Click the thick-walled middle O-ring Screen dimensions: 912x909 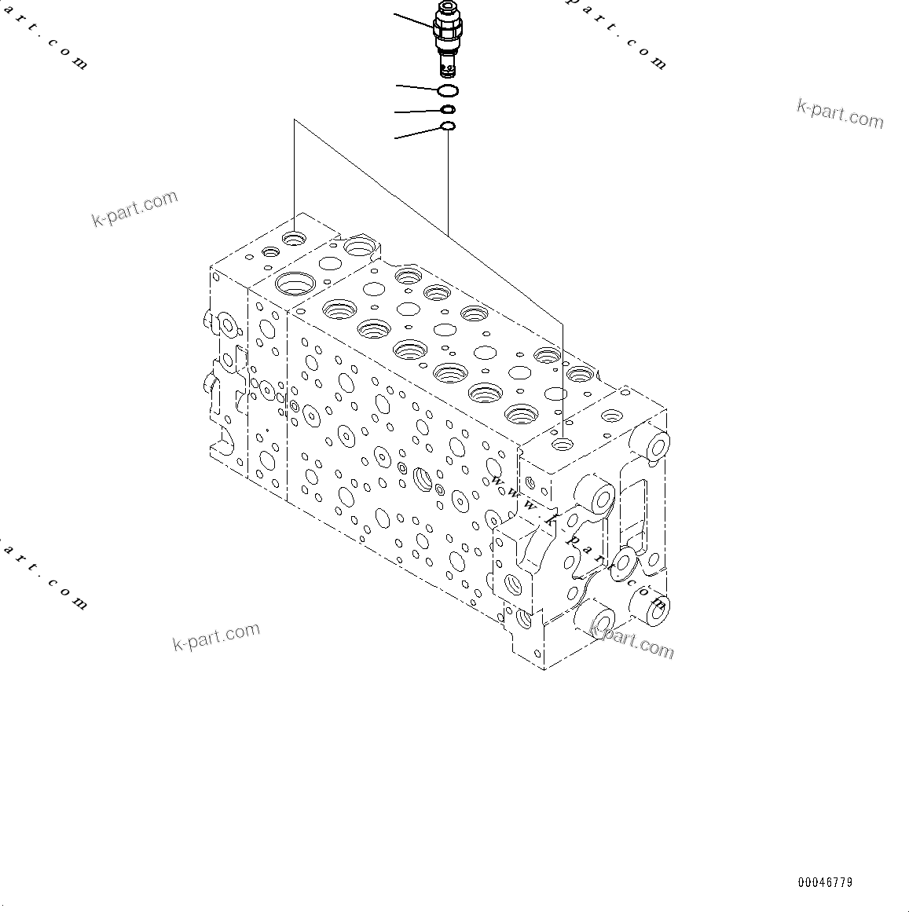[x=448, y=109]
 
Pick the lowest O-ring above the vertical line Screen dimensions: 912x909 [x=448, y=126]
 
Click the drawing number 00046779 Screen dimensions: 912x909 [x=825, y=882]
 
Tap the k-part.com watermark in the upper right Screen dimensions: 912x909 [x=840, y=114]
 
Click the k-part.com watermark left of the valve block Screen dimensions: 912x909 [x=135, y=208]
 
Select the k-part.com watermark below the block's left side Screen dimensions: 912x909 [x=216, y=635]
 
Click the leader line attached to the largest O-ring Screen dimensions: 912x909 [x=416, y=86]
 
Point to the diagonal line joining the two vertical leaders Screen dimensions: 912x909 [x=428, y=220]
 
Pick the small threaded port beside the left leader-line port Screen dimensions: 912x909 [x=271, y=252]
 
